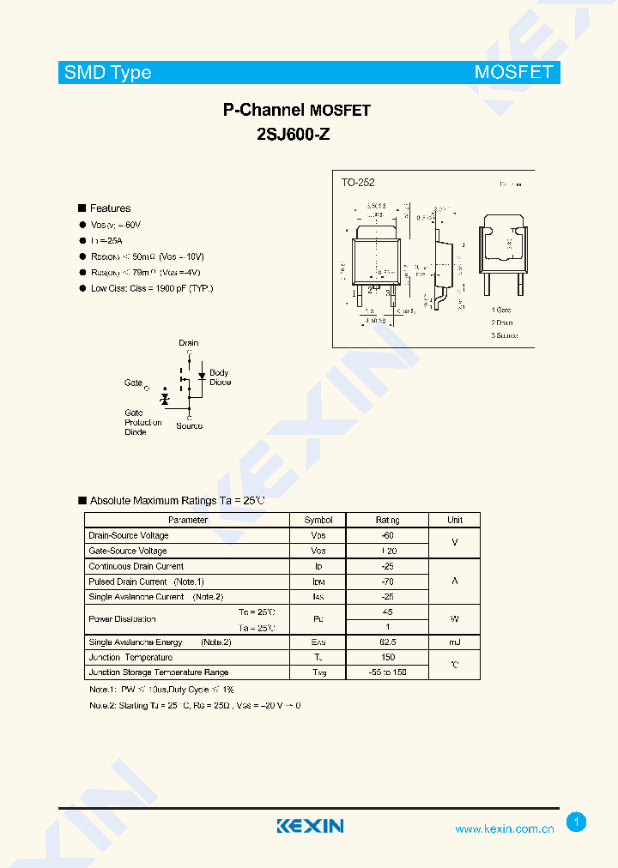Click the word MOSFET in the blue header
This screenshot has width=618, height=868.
[514, 72]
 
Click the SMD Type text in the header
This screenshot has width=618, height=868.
[107, 73]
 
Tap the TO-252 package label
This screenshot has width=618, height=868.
[358, 183]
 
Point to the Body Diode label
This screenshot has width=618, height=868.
[220, 377]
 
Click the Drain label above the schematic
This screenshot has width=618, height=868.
[189, 343]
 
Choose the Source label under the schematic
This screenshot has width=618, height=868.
[190, 426]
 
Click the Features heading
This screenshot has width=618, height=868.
[110, 208]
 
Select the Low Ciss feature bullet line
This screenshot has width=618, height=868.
[151, 288]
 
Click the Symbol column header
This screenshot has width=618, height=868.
[318, 520]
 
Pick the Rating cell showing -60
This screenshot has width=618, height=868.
[386, 535]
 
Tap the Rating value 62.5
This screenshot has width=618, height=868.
[387, 642]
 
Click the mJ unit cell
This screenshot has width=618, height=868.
[454, 642]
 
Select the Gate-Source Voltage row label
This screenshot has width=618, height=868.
[128, 551]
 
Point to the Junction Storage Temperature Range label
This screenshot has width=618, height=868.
[159, 672]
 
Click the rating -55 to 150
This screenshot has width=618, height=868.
[387, 672]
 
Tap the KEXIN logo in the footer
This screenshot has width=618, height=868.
[310, 826]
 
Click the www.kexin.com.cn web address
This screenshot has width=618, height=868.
[504, 829]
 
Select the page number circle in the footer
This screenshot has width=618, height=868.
[577, 823]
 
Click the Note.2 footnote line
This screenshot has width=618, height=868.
[195, 705]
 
